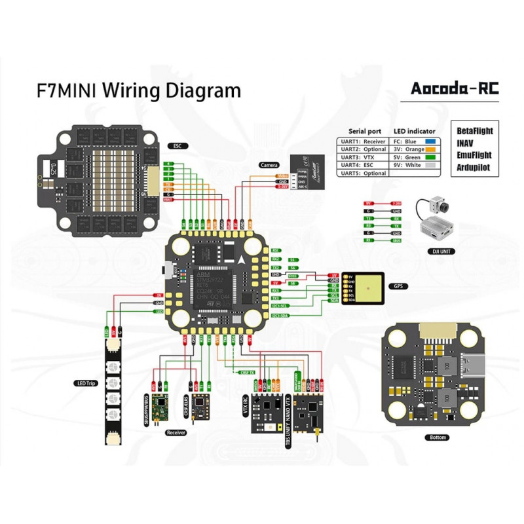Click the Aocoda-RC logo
[454, 89]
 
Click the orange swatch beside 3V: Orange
[431, 149]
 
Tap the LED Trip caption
[85, 383]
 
